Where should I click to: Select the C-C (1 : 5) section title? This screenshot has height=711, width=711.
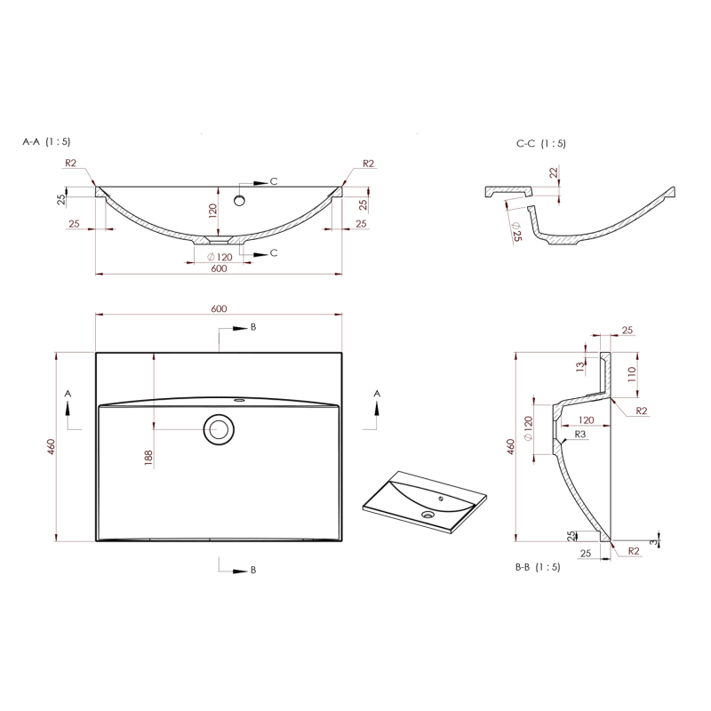pos(540,143)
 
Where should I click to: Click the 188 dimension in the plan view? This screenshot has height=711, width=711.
pos(148,458)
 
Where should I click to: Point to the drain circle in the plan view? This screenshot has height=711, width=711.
pos(219,429)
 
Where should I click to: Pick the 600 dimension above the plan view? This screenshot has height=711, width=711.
pos(219,308)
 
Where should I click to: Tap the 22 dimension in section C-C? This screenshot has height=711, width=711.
pos(553,172)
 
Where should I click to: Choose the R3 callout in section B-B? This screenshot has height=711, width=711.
pos(579,434)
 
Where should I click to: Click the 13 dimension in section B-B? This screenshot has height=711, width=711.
pos(579,364)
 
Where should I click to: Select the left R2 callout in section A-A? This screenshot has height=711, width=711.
pos(71,163)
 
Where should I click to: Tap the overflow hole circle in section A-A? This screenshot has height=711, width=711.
pos(239,201)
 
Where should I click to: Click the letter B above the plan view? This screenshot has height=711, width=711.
pos(252,327)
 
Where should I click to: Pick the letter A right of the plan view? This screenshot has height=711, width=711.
pos(377,392)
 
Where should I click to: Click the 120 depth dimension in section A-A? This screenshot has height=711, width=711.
pos(213,211)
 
